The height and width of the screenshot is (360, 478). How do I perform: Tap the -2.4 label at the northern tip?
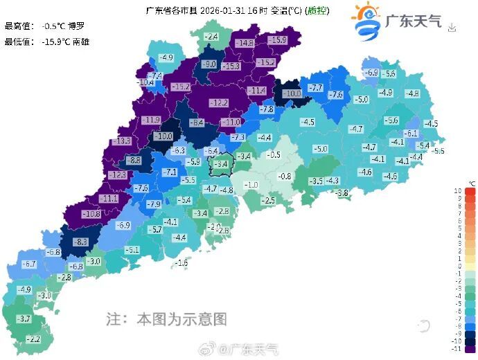[211, 37]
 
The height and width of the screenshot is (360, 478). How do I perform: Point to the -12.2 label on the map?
[219, 103]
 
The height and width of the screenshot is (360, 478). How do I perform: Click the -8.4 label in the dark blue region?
[197, 123]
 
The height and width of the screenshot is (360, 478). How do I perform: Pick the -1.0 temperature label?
[250, 185]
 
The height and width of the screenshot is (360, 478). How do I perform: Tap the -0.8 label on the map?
[285, 177]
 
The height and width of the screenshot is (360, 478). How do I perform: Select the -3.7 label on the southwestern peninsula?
[23, 318]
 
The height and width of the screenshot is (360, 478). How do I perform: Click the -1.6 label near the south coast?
[182, 263]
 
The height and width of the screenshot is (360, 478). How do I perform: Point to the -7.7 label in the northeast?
[315, 88]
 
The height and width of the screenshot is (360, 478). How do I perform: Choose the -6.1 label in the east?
[411, 134]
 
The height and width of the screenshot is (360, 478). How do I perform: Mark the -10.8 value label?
[91, 215]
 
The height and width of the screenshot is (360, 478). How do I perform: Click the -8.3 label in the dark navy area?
[80, 242]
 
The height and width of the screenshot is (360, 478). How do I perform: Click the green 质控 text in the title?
[317, 11]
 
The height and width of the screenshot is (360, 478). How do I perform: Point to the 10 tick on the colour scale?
[458, 190]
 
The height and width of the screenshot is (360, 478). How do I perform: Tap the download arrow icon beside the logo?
[452, 28]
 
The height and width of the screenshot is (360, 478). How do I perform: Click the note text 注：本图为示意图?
[166, 319]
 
